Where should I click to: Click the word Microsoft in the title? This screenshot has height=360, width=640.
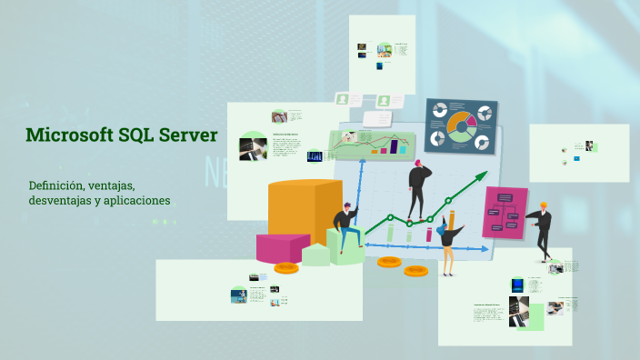point(69,136)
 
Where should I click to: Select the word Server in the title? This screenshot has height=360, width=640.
point(188,136)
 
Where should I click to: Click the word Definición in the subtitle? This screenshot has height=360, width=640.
point(55,185)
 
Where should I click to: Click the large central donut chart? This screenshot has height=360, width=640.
point(461,125)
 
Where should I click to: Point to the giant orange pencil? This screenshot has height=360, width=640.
point(450,222)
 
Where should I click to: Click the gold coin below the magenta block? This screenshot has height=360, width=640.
point(286,268)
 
